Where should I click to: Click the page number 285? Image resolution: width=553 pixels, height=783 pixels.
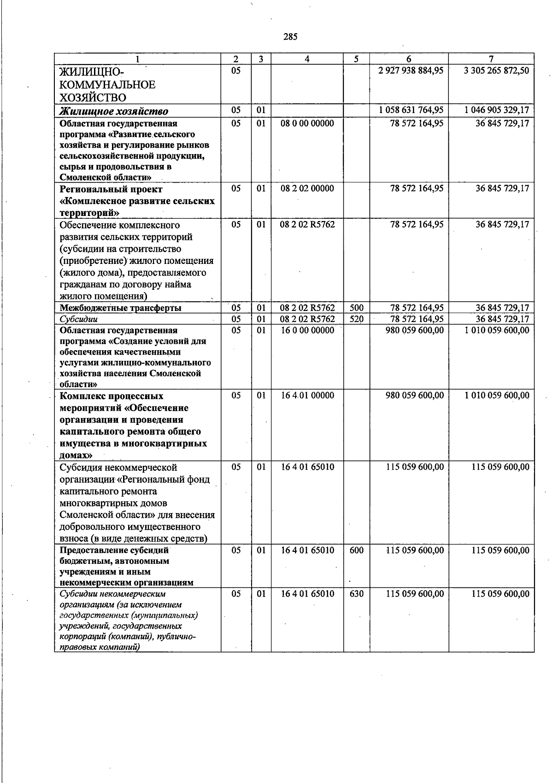tap(290, 37)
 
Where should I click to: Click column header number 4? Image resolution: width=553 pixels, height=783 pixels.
tap(307, 59)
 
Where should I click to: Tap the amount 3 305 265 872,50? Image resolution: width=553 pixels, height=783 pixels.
tap(496, 71)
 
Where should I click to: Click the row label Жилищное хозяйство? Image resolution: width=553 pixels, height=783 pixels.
tap(114, 111)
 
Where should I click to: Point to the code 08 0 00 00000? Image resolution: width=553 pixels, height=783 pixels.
tap(307, 123)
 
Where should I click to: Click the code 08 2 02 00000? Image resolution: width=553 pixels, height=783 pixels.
tap(307, 188)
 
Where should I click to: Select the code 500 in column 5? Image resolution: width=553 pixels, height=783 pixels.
tap(357, 308)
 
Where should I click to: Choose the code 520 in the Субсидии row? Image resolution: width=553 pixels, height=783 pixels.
tap(357, 319)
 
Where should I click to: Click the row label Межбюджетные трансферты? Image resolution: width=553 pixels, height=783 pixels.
tap(120, 308)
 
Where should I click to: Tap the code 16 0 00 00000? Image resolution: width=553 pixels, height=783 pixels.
tap(307, 330)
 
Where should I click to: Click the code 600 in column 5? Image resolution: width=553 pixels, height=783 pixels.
tap(357, 550)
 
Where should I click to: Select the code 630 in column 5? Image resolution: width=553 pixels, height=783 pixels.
tap(357, 594)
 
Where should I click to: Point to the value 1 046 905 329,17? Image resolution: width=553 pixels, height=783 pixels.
tap(496, 110)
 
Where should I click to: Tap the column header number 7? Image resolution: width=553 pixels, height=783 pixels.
tap(491, 59)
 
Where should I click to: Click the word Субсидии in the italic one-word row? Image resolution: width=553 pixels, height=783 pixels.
tap(79, 319)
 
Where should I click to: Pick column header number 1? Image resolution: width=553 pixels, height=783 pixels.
tap(137, 59)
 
